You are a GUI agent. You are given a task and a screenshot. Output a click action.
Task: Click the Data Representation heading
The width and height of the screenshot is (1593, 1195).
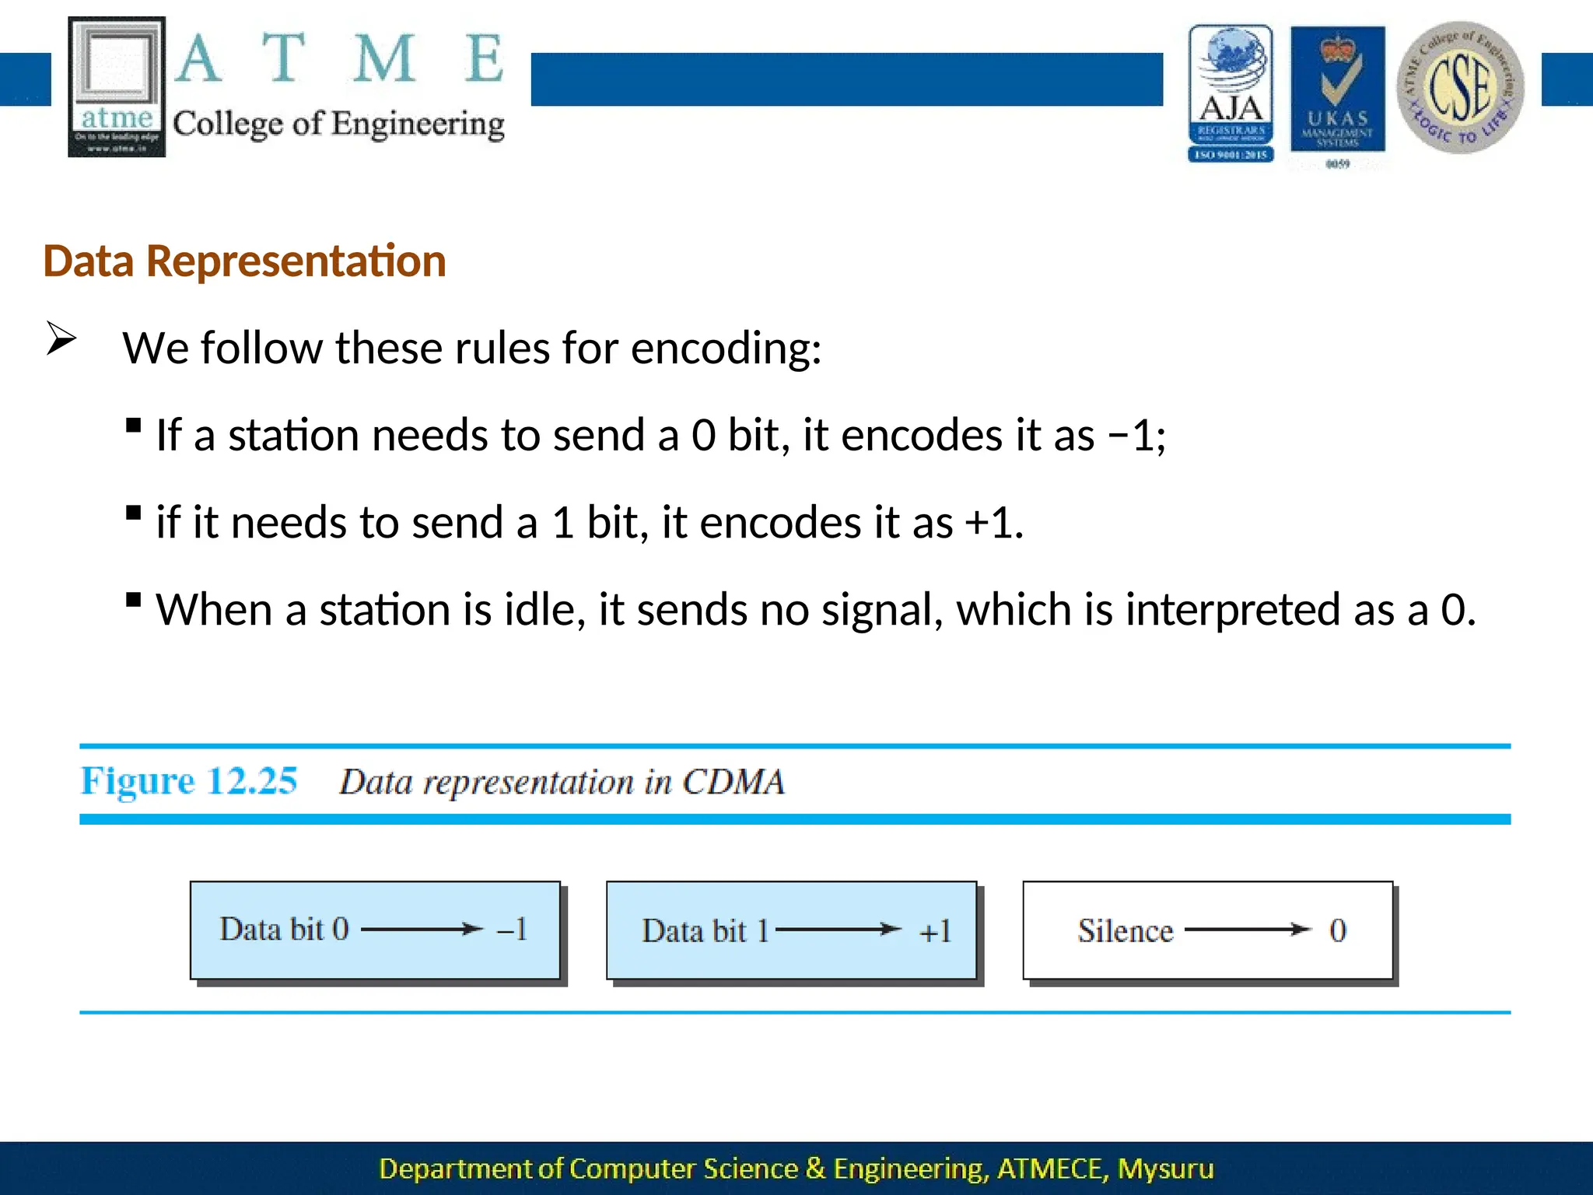(244, 261)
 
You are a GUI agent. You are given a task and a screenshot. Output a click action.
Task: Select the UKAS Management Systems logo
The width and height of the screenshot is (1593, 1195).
(1337, 92)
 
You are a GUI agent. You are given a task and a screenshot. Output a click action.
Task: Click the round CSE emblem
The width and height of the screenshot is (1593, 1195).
(1460, 87)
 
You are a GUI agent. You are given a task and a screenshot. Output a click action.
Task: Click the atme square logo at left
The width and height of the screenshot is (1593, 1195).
(117, 87)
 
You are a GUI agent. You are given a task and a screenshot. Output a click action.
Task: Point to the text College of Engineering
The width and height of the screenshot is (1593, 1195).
(338, 124)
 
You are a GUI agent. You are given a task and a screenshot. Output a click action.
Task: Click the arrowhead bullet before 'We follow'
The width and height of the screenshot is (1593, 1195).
(61, 338)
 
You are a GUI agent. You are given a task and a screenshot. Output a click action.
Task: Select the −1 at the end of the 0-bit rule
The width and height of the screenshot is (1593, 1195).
(1133, 435)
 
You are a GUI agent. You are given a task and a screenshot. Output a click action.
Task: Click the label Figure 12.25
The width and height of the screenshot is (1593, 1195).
(189, 780)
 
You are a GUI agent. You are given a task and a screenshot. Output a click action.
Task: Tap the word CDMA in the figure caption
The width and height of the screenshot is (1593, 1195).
(733, 782)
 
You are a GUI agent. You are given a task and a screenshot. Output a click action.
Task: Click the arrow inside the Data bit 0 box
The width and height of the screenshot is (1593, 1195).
(422, 929)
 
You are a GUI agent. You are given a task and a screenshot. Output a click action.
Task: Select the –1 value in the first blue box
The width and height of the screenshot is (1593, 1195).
(513, 929)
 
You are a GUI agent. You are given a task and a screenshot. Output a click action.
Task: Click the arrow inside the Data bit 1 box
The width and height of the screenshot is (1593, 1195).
(839, 929)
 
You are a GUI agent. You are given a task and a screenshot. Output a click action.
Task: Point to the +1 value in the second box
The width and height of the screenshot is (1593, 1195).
(935, 931)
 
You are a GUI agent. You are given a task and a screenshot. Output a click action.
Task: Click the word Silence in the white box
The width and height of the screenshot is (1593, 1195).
(1125, 930)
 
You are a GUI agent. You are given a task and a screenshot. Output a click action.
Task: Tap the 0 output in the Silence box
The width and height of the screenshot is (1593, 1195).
(1337, 930)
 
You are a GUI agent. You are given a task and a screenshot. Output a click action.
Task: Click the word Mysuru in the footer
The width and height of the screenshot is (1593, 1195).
(1165, 1169)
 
